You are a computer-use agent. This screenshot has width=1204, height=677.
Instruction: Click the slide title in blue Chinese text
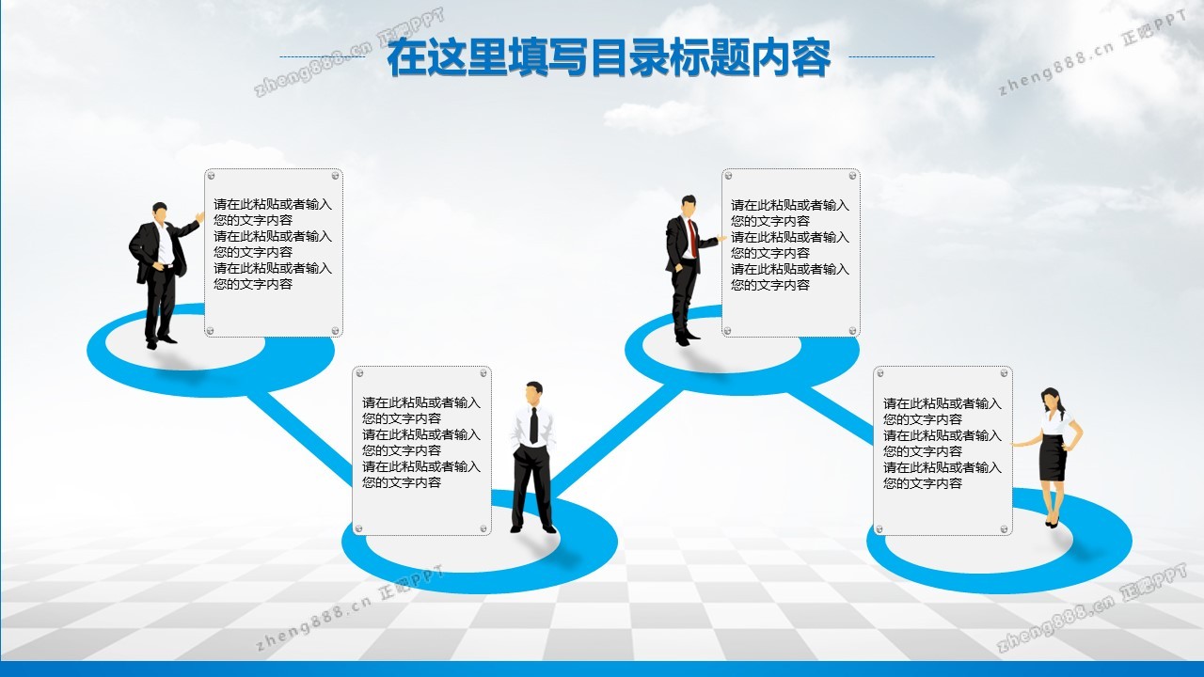coord(609,57)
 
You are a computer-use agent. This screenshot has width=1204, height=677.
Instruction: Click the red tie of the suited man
coord(693,239)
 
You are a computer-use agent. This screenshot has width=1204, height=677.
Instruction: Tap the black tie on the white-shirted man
coord(533,425)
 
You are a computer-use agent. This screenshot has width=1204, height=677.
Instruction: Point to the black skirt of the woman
coord(1053,457)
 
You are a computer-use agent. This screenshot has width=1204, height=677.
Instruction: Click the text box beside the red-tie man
coord(791,253)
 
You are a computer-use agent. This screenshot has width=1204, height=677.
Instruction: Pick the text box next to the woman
coord(943,450)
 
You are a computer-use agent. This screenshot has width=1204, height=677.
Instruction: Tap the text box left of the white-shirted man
coord(422,450)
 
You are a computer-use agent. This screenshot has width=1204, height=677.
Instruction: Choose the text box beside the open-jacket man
coord(274,253)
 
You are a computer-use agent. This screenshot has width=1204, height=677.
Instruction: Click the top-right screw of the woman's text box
coord(1004,373)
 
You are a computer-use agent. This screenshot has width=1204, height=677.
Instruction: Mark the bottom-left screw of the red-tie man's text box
coord(727,331)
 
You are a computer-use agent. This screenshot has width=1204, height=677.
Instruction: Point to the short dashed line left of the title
coord(323,56)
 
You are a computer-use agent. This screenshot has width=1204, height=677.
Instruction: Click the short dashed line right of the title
coord(892,56)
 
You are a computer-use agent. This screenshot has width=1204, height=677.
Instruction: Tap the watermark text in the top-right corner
coord(1092,54)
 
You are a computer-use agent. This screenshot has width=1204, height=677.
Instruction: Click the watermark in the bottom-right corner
coord(1091,608)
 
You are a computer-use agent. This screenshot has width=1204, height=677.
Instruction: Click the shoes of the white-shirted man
coord(533,529)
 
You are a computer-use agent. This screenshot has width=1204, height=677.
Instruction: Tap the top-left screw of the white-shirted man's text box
coord(360,373)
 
